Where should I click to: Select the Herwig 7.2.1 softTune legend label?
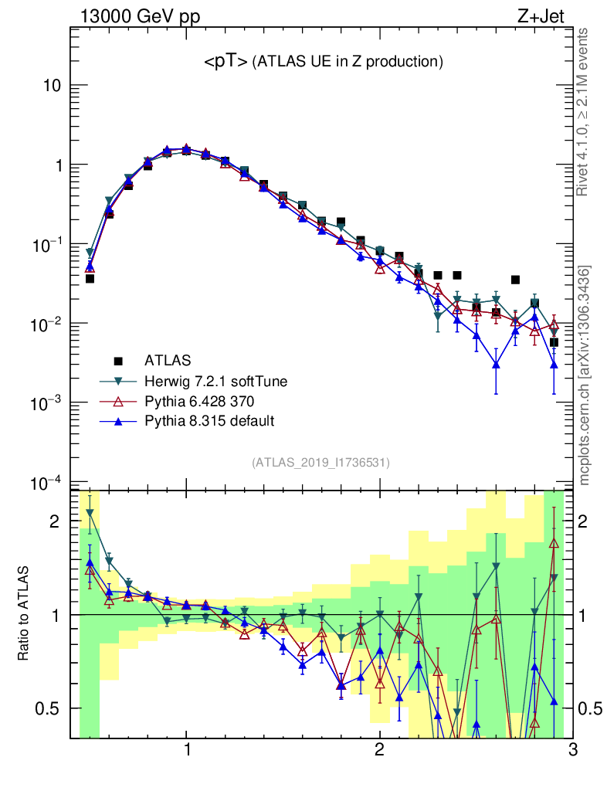[x=210, y=381]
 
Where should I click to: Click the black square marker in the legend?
[x=118, y=361]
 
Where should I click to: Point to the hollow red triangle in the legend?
[x=118, y=401]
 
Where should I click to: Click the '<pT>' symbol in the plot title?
[x=226, y=62]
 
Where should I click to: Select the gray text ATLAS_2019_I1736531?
[x=320, y=463]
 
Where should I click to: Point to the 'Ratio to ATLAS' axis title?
[x=25, y=613]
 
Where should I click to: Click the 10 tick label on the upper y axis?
[x=52, y=86]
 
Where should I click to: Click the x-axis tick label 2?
[x=379, y=750]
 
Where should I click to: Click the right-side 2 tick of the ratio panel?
[x=591, y=521]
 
